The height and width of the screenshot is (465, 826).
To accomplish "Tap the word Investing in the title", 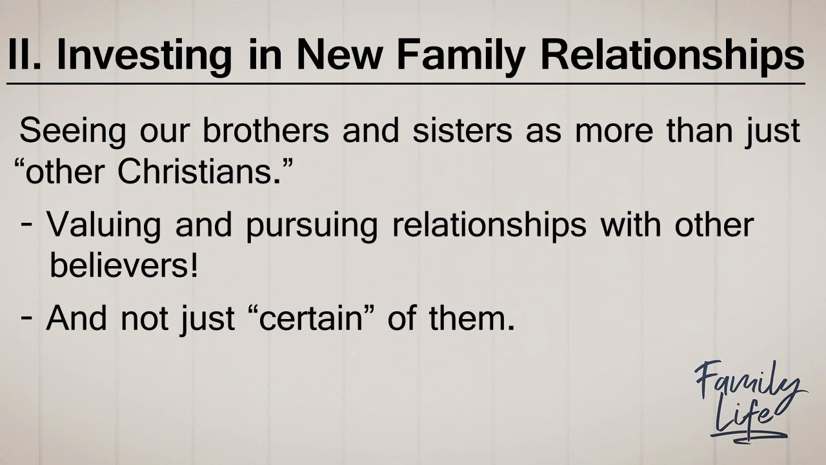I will [x=143, y=55].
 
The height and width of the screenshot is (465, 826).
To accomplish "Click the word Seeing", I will [x=72, y=131].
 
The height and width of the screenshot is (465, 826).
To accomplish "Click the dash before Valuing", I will [x=28, y=225].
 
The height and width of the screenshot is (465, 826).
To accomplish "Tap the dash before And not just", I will [x=28, y=318].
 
